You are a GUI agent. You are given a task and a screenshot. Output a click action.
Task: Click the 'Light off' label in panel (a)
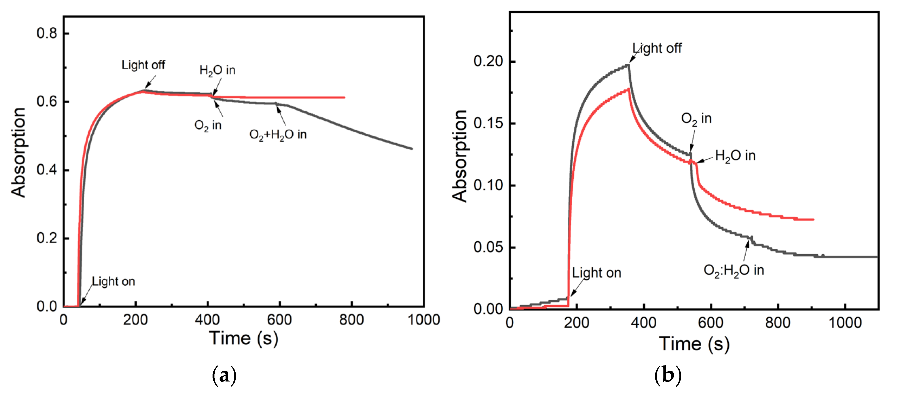point(143,65)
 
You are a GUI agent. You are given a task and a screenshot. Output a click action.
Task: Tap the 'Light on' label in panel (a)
point(113,281)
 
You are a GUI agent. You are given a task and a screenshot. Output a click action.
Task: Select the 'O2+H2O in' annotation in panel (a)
point(278,135)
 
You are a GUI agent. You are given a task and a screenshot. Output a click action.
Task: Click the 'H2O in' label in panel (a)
point(217,70)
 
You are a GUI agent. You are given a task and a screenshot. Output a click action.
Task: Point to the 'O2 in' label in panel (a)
point(208,125)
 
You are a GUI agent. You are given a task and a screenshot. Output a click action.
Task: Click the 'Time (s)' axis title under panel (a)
point(244,338)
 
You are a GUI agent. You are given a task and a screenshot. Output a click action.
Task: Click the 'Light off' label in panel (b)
point(657,48)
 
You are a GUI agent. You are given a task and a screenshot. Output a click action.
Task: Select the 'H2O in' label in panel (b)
point(735,156)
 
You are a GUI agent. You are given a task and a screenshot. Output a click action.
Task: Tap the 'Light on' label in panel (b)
point(596,273)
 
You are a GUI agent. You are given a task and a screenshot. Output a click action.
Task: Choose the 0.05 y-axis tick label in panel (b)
point(488,247)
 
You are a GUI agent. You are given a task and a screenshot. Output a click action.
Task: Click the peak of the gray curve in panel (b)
point(628,65)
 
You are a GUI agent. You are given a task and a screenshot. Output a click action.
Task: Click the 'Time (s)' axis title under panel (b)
point(694,344)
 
